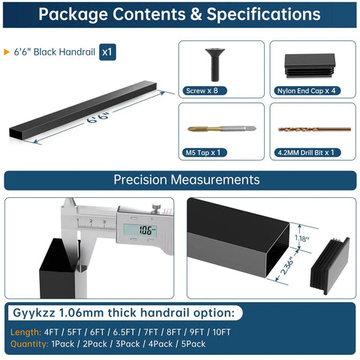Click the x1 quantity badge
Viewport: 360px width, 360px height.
point(107,52)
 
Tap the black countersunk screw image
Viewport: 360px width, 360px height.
point(215,64)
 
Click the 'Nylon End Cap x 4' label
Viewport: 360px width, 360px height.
point(307,91)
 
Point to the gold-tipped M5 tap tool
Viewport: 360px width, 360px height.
point(222,129)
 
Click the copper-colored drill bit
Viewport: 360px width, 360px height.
point(314,129)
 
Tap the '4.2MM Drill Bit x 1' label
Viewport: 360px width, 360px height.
point(307,152)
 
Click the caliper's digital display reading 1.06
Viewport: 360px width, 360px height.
point(140,230)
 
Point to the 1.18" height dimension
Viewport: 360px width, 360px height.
point(302,238)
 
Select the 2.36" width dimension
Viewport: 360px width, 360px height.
point(288,266)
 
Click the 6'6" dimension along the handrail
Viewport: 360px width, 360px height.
point(98,118)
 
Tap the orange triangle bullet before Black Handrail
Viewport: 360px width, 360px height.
point(7,52)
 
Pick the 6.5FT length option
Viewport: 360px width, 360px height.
point(124,332)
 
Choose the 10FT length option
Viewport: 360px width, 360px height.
point(221,332)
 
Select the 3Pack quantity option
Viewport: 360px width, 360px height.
point(127,344)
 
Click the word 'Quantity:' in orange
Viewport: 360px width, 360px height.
point(29,344)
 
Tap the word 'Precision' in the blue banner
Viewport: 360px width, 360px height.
point(140,180)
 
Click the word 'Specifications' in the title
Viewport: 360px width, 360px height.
point(263,14)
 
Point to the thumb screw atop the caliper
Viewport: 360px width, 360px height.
point(156,207)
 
